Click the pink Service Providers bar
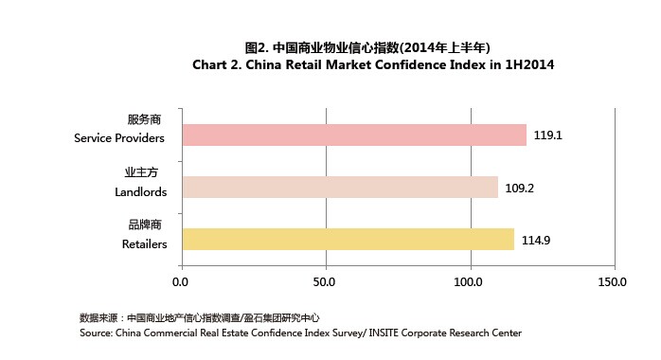click(353, 135)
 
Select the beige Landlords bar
click(339, 188)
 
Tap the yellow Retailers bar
click(348, 240)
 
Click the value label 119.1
click(548, 135)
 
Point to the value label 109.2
click(520, 188)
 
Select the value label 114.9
click(536, 240)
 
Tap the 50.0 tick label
click(326, 282)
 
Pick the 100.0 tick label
click(470, 282)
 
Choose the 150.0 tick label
click(614, 282)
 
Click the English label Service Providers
click(120, 138)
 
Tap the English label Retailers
click(144, 243)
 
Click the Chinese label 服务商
click(147, 120)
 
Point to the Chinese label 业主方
click(147, 172)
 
